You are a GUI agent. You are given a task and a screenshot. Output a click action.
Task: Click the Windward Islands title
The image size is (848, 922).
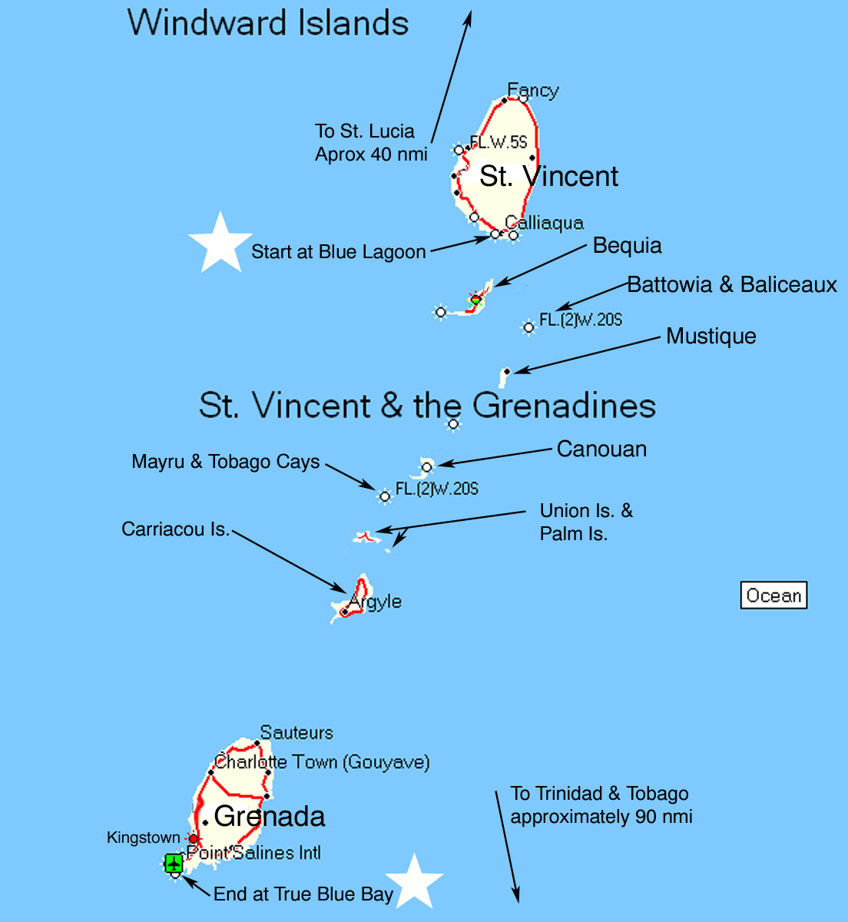(x=268, y=22)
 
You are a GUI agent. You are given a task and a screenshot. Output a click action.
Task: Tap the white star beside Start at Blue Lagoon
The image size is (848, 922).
(x=220, y=242)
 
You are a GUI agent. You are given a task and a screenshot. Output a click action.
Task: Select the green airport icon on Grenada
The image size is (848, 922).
(x=174, y=863)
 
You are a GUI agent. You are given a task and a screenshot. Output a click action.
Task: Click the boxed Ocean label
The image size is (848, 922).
(x=773, y=595)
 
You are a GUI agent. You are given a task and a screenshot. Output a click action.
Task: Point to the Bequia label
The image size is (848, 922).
(x=627, y=246)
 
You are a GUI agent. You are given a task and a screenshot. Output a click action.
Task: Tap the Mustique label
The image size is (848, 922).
(x=711, y=337)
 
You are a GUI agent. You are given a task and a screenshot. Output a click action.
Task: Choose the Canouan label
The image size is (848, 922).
(x=601, y=449)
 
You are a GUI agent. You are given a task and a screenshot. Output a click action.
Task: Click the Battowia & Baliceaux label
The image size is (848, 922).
(x=732, y=285)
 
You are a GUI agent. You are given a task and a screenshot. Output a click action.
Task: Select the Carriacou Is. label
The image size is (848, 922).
(x=176, y=529)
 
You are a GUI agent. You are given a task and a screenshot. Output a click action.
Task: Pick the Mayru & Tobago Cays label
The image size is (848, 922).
(x=226, y=462)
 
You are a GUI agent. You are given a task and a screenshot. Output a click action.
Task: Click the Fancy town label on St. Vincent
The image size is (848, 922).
(x=533, y=91)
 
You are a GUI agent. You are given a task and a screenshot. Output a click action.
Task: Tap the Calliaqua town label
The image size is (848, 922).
(x=545, y=223)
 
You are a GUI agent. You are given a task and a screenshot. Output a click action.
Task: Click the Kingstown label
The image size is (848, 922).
(x=144, y=837)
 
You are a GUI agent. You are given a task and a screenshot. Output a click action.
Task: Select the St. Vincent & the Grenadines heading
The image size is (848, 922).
(x=427, y=405)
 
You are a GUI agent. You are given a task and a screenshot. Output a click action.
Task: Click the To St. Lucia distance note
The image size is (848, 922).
(x=371, y=143)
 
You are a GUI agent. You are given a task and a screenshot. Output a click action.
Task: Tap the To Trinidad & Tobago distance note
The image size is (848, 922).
(x=601, y=805)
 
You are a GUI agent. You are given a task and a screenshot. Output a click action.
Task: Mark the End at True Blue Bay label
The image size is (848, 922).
(x=303, y=894)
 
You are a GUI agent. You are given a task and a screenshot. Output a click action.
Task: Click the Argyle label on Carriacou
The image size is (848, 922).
(x=376, y=601)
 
